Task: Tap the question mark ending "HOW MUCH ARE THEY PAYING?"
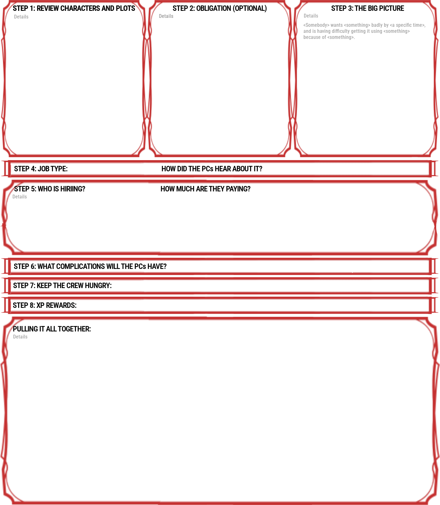coord(249,189)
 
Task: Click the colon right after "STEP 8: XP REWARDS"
coord(76,306)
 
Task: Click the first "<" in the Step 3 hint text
coord(304,25)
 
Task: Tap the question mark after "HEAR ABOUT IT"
coord(260,169)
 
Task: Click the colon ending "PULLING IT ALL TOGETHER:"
coord(90,329)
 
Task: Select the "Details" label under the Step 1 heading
coord(21,17)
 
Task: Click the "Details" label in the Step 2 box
coord(166,16)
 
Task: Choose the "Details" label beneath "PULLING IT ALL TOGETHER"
coord(20,337)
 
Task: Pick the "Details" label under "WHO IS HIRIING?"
coord(19,197)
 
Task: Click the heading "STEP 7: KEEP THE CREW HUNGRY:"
coord(62,286)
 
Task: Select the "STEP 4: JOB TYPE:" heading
coord(41,169)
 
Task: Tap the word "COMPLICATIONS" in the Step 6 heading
coord(78,266)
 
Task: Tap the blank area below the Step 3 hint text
coord(365,96)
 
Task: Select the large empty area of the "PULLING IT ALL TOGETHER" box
coord(220,418)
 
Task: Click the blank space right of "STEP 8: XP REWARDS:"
coord(252,305)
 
